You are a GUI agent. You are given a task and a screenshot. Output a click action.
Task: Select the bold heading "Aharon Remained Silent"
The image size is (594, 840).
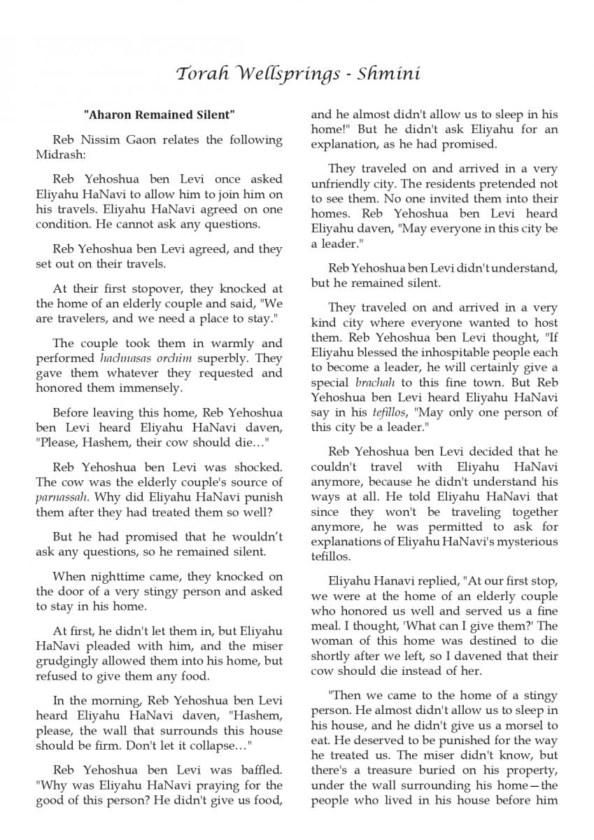pyautogui.click(x=159, y=114)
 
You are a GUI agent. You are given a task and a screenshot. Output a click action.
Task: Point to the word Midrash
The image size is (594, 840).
pyautogui.click(x=59, y=153)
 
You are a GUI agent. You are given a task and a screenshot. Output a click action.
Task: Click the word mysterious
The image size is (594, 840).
pyautogui.click(x=521, y=541)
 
